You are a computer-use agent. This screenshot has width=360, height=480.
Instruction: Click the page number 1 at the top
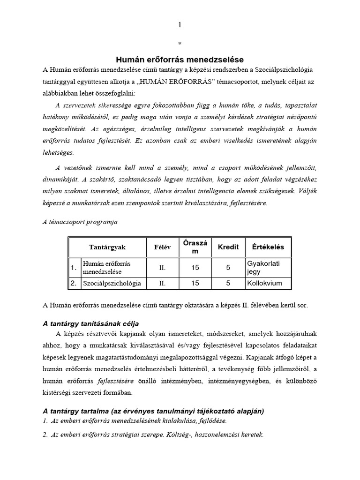pos(180,25)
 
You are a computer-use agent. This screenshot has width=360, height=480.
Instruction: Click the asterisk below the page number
pos(180,44)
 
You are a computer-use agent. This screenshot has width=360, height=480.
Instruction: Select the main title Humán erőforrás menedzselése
pos(180,60)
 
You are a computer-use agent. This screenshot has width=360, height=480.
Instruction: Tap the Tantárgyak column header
pos(107,247)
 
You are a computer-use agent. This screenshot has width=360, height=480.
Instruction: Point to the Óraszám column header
pos(195,247)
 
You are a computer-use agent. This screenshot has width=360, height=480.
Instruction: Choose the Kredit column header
pos(228,247)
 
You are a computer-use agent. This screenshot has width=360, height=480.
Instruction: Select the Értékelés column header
pos(268,247)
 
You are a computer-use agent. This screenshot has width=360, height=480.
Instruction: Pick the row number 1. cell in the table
pos(74,268)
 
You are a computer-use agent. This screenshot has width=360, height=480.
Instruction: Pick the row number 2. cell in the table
pos(74,283)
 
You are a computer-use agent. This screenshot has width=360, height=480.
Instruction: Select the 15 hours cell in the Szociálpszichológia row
pos(195,283)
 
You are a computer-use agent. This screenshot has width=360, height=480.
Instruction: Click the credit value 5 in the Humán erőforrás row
pos(228,268)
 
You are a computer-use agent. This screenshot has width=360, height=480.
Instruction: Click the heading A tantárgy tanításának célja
pos(91,324)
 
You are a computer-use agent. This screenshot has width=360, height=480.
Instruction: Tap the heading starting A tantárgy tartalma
pos(153,411)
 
